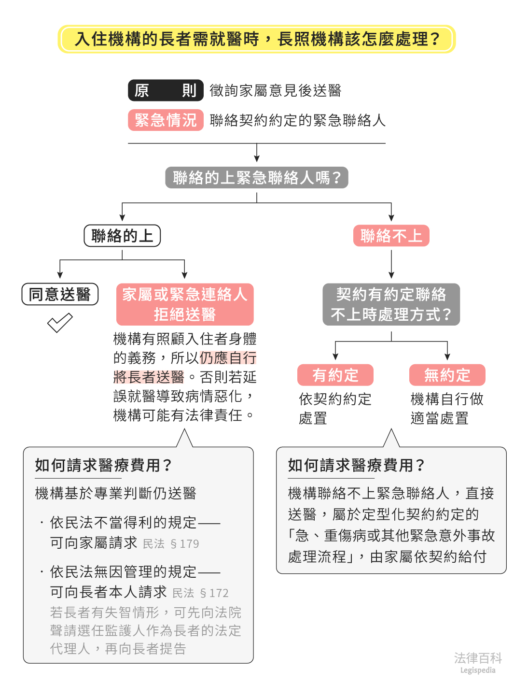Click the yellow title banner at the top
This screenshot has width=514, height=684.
pyautogui.click(x=257, y=39)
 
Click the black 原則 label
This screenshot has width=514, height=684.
pyautogui.click(x=165, y=90)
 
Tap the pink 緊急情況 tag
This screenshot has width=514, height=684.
pyautogui.click(x=165, y=120)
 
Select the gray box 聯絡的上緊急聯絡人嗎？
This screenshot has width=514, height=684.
pyautogui.click(x=257, y=178)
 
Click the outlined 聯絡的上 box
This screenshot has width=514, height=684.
pyautogui.click(x=122, y=236)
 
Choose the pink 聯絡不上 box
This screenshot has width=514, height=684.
pyautogui.click(x=391, y=236)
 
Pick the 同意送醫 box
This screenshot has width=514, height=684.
pyautogui.click(x=60, y=294)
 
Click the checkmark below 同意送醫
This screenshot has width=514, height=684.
pyautogui.click(x=60, y=323)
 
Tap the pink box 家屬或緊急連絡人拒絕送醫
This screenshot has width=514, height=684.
pyautogui.click(x=185, y=304)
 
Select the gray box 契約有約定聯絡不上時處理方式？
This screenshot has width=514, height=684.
pyautogui.click(x=391, y=304)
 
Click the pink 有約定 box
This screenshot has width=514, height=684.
pyautogui.click(x=335, y=375)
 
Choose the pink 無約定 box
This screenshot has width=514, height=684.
pyautogui.click(x=447, y=375)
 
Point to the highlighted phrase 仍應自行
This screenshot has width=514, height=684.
pyautogui.click(x=228, y=358)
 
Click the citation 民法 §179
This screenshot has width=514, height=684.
pyautogui.click(x=171, y=544)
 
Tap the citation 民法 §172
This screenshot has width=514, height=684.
pyautogui.click(x=200, y=593)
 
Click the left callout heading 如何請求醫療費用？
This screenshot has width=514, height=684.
pyautogui.click(x=103, y=465)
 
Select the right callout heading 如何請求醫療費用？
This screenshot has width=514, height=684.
pyautogui.click(x=356, y=465)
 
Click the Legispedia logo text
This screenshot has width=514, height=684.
pyautogui.click(x=477, y=670)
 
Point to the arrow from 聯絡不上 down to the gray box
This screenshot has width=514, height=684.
pyautogui.click(x=391, y=264)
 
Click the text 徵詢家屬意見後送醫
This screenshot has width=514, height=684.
pyautogui.click(x=276, y=90)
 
